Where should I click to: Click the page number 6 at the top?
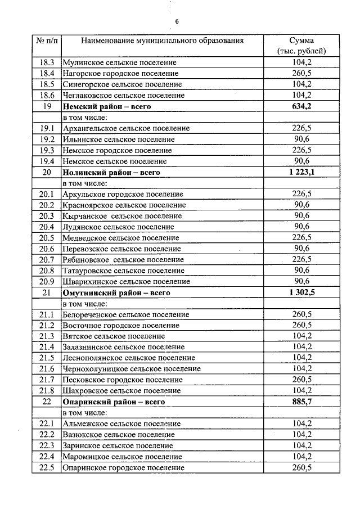(x=177, y=21)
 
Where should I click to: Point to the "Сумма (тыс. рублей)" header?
(x=301, y=46)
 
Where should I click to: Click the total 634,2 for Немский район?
(x=301, y=106)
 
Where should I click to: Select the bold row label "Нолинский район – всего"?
(x=111, y=172)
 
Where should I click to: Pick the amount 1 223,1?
(x=301, y=172)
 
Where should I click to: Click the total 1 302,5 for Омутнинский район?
(x=301, y=292)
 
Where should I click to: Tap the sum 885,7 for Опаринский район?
(x=301, y=402)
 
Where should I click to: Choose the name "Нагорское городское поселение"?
(x=120, y=73)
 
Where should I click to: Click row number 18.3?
(x=47, y=62)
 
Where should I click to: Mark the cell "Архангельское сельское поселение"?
(x=126, y=128)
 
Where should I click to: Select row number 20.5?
(x=47, y=238)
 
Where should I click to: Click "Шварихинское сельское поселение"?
(x=126, y=281)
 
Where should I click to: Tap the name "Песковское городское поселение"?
(x=123, y=380)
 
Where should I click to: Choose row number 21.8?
(x=47, y=391)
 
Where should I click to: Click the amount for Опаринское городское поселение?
(x=301, y=467)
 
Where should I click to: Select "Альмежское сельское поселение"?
(x=122, y=424)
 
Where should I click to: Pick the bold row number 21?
(x=47, y=292)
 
